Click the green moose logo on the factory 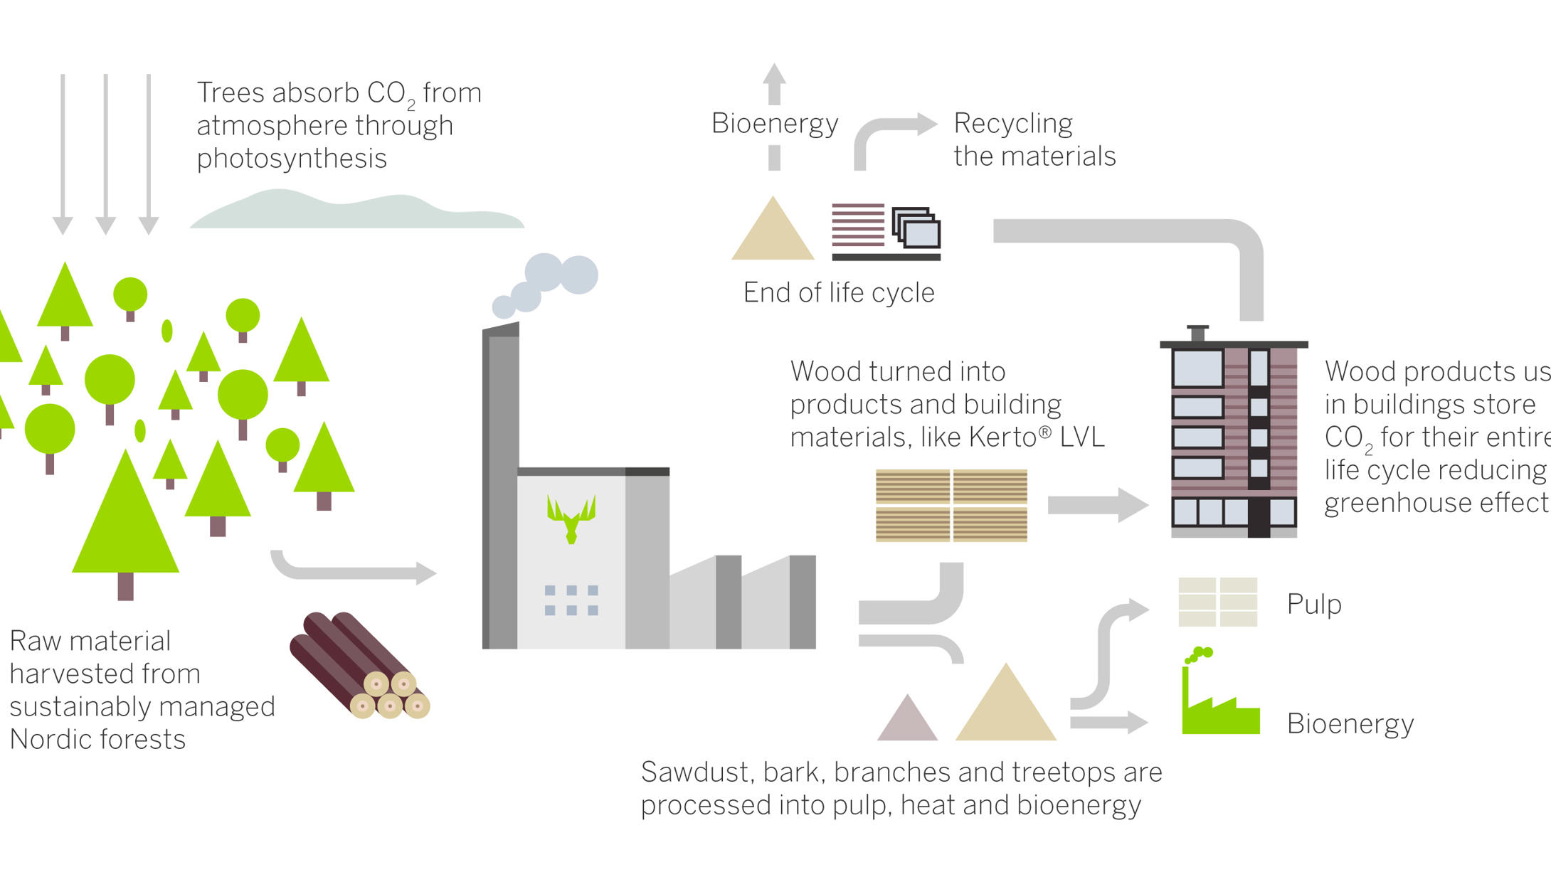pos(571,518)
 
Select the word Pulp pos(1314,604)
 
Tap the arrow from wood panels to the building pos(1097,505)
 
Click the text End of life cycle pos(839,292)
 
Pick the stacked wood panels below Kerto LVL pos(951,506)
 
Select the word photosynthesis pos(292,158)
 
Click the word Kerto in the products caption pos(1003,437)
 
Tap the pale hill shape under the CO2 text pos(356,212)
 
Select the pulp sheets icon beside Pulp pos(1217,602)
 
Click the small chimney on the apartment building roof pos(1197,334)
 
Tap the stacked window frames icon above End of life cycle pos(916,228)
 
